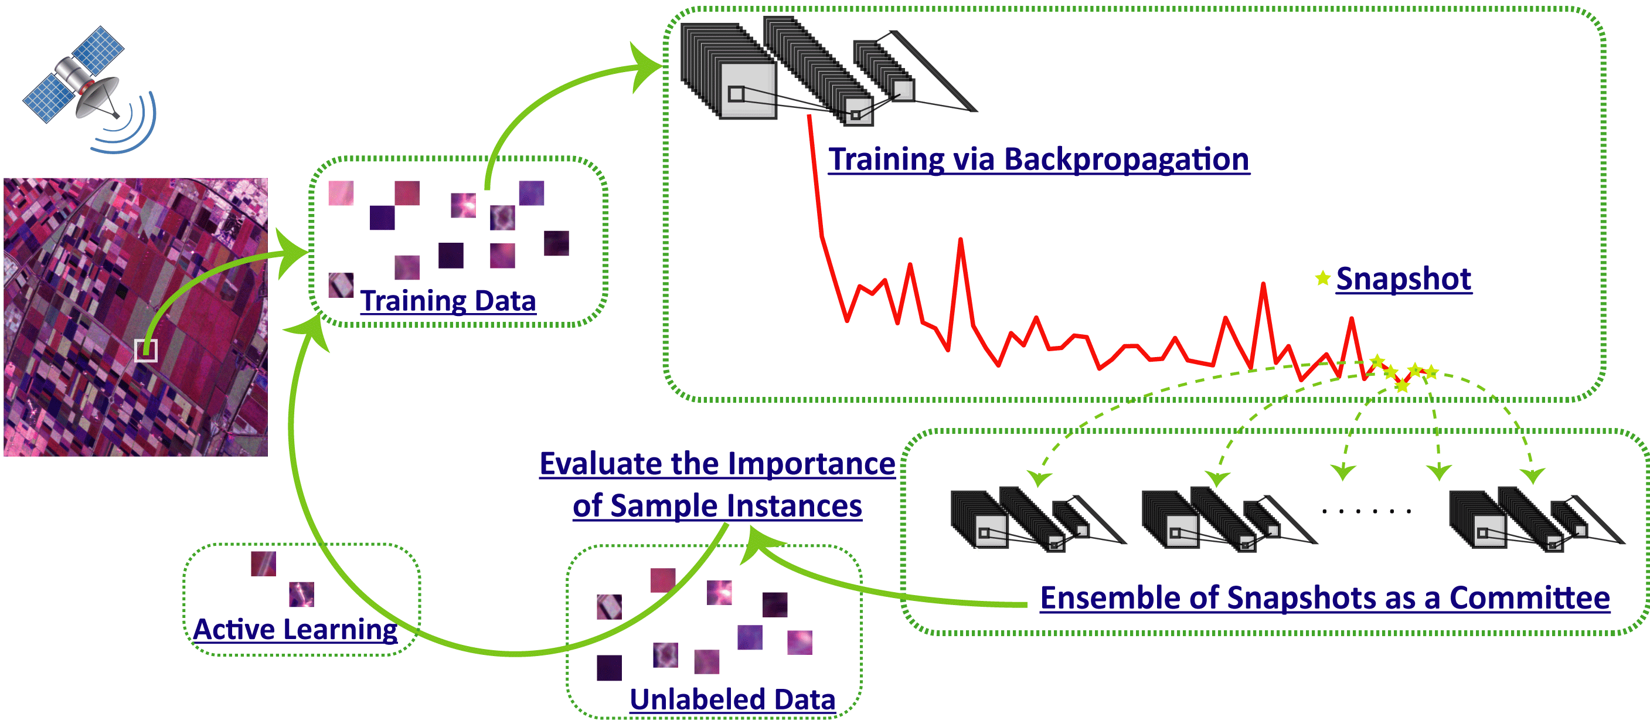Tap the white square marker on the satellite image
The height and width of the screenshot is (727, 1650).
[146, 351]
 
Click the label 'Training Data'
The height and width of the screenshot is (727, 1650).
[448, 301]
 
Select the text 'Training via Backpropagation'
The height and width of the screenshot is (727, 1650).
[1038, 159]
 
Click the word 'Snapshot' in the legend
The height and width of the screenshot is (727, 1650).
[1403, 278]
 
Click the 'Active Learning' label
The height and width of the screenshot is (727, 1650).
[295, 629]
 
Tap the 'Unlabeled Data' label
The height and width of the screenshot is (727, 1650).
[732, 699]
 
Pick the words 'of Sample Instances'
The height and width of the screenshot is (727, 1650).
[717, 505]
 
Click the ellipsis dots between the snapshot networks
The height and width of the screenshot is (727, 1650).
[1366, 511]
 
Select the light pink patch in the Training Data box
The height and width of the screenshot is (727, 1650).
[341, 193]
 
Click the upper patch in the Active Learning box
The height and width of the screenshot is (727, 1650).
[263, 563]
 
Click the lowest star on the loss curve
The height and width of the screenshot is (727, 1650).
[1402, 386]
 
